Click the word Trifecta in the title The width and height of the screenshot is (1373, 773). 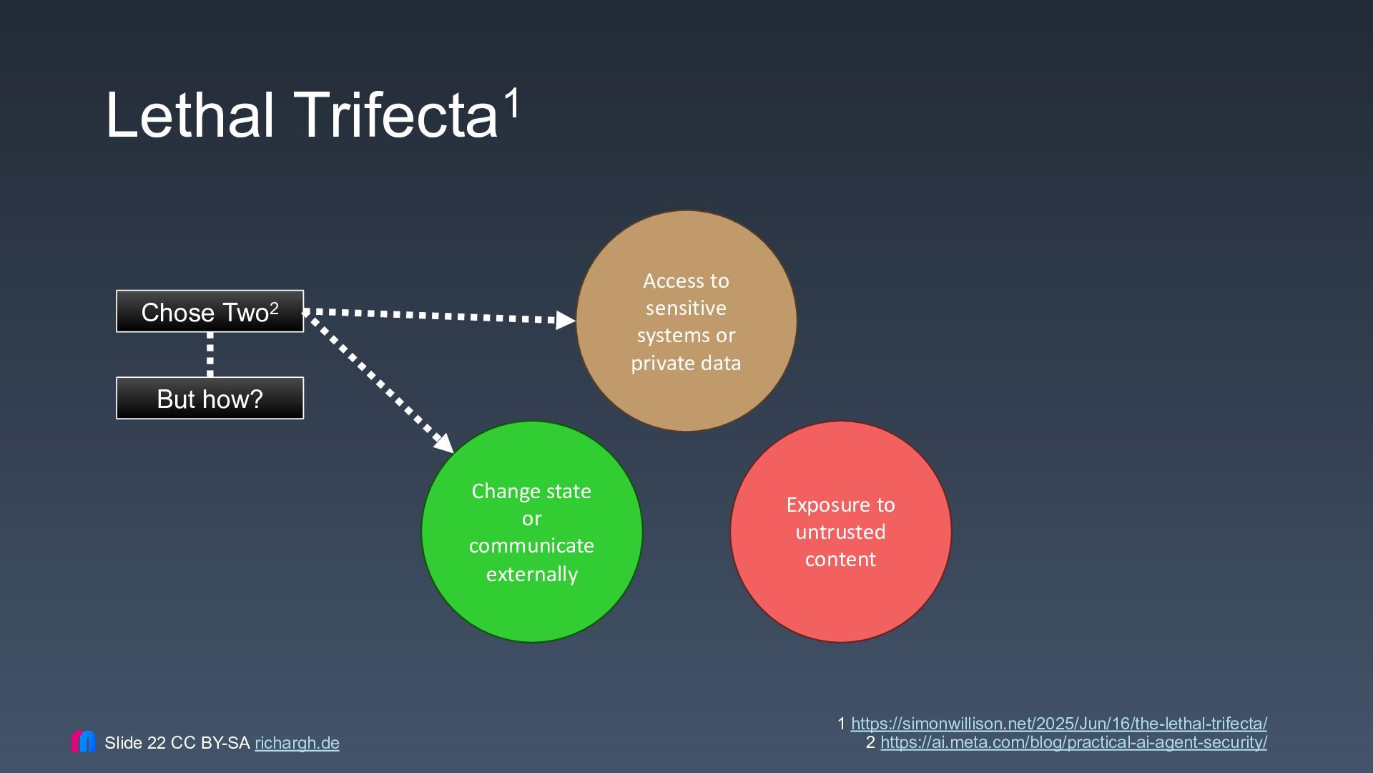pyautogui.click(x=395, y=115)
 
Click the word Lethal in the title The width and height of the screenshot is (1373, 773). pyautogui.click(x=190, y=115)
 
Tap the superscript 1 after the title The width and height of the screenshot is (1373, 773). pyautogui.click(x=513, y=104)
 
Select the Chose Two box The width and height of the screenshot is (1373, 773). pyautogui.click(x=210, y=311)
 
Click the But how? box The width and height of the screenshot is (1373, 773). pyautogui.click(x=210, y=398)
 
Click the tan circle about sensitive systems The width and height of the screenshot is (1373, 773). pyautogui.click(x=686, y=321)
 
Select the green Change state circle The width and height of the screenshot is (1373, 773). pyautogui.click(x=532, y=532)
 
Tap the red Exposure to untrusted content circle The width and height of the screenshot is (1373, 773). pyautogui.click(x=841, y=532)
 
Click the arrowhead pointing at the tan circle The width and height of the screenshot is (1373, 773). pyautogui.click(x=566, y=320)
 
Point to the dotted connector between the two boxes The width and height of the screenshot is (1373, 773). pyautogui.click(x=210, y=354)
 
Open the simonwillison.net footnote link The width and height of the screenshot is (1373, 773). pyautogui.click(x=1058, y=724)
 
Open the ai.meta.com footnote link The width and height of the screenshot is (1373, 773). pyautogui.click(x=1073, y=742)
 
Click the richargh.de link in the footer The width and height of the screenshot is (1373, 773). pyautogui.click(x=297, y=743)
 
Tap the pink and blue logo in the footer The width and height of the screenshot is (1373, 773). pyautogui.click(x=84, y=742)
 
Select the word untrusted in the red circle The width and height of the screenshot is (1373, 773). pyautogui.click(x=841, y=532)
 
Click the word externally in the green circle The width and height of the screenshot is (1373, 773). pyautogui.click(x=532, y=574)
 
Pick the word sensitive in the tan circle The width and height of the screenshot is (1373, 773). pyautogui.click(x=686, y=308)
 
